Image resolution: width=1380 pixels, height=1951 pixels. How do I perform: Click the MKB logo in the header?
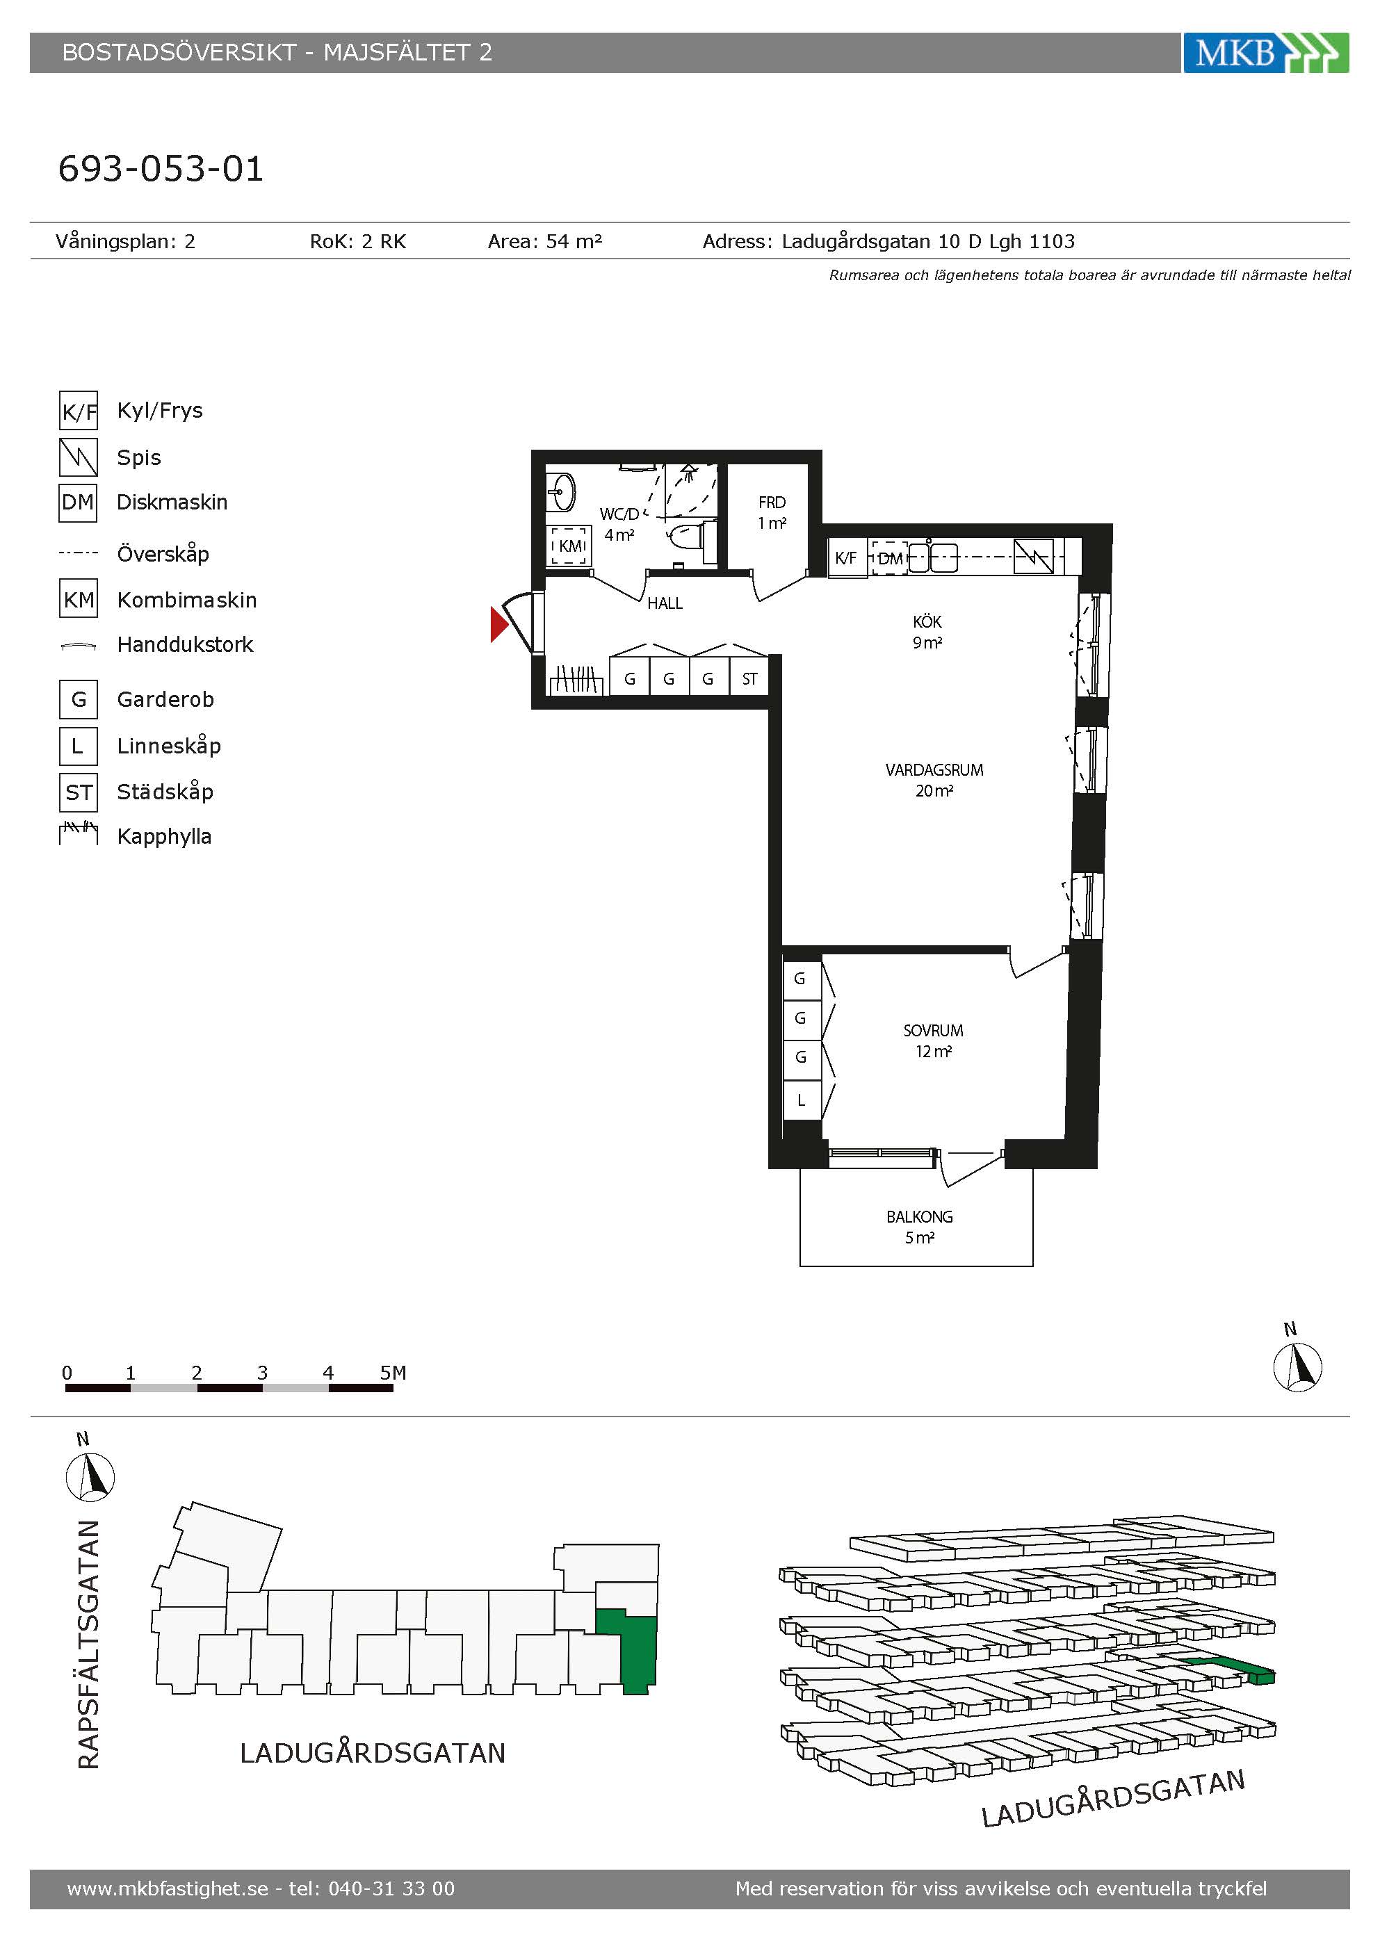pyautogui.click(x=1265, y=53)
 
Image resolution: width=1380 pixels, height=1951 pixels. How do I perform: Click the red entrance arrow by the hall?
pyautogui.click(x=498, y=625)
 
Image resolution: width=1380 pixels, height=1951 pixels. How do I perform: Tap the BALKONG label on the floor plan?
pyautogui.click(x=920, y=1217)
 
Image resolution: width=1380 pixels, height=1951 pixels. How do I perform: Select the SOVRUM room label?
pyautogui.click(x=933, y=1031)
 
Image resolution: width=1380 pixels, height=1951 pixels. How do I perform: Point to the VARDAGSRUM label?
pyautogui.click(x=934, y=770)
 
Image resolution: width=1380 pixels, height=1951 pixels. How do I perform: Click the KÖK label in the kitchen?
pyautogui.click(x=927, y=621)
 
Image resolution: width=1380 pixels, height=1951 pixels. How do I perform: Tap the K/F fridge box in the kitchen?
pyautogui.click(x=846, y=558)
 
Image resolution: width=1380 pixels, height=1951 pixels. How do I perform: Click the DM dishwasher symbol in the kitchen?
pyautogui.click(x=890, y=558)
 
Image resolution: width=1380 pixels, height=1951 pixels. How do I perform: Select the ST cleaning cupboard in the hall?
pyautogui.click(x=749, y=678)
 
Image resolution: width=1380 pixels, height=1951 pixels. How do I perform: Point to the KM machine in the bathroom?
pyautogui.click(x=569, y=546)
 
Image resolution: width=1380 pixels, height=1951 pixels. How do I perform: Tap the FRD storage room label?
pyautogui.click(x=772, y=503)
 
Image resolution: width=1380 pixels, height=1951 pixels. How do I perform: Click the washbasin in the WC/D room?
pyautogui.click(x=562, y=491)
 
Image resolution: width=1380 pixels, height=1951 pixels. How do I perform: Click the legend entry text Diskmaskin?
pyautogui.click(x=172, y=503)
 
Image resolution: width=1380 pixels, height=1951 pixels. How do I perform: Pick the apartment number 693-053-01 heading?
pyautogui.click(x=161, y=168)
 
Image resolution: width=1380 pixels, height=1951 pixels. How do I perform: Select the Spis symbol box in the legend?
pyautogui.click(x=78, y=457)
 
